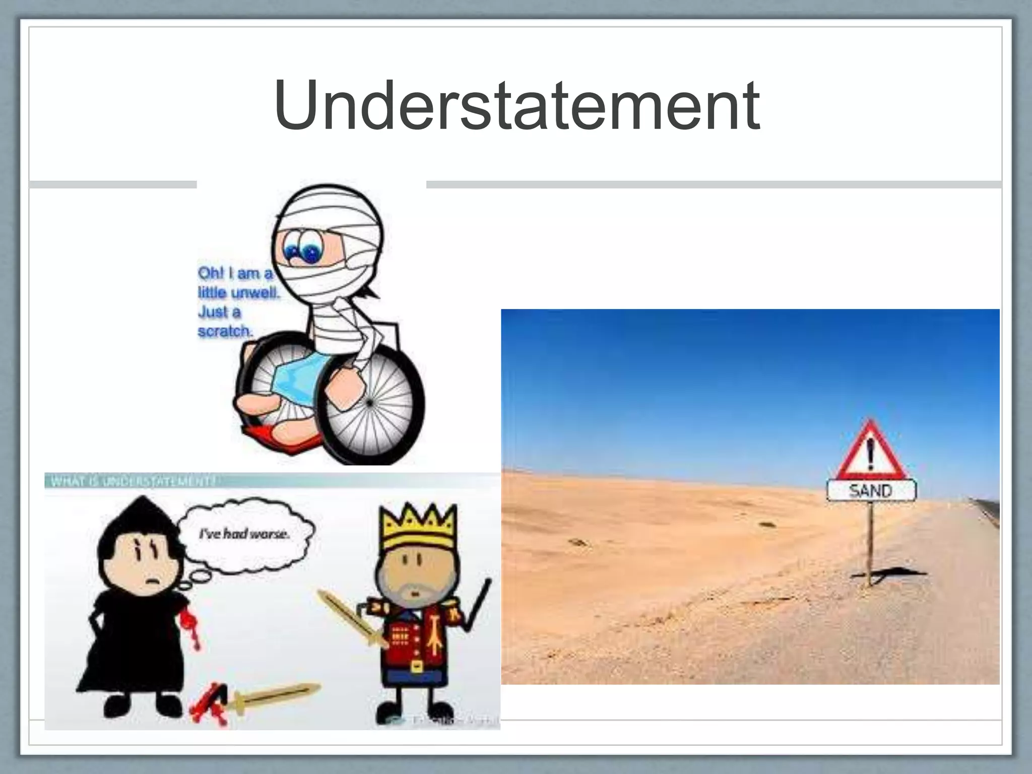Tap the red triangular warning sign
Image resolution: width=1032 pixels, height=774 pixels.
(871, 450)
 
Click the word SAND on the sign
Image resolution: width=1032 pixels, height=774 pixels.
(871, 490)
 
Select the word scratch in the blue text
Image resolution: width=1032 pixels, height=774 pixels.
(224, 332)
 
